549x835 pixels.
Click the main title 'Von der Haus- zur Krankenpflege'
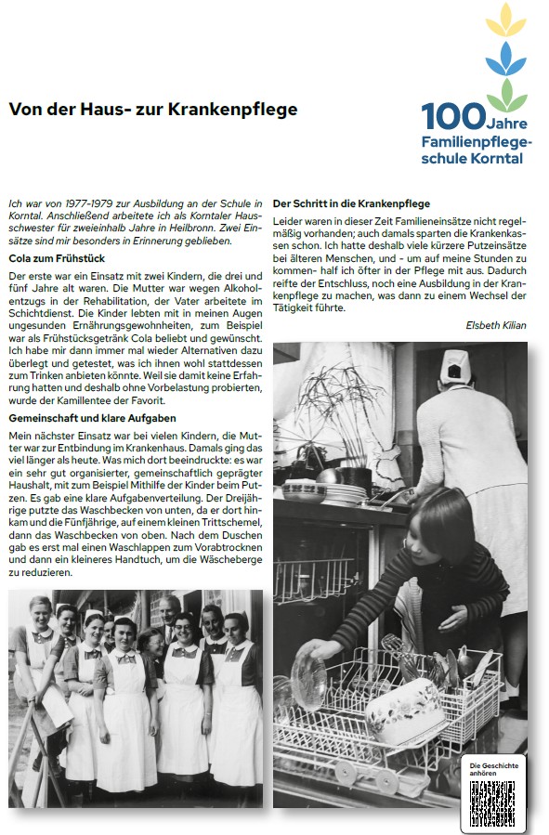pyautogui.click(x=153, y=110)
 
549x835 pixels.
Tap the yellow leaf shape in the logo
pyautogui.click(x=505, y=20)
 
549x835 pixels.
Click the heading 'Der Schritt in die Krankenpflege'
pyautogui.click(x=351, y=203)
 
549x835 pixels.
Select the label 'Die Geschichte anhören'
pyautogui.click(x=493, y=767)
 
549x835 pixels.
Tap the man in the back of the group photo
pyautogui.click(x=168, y=608)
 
